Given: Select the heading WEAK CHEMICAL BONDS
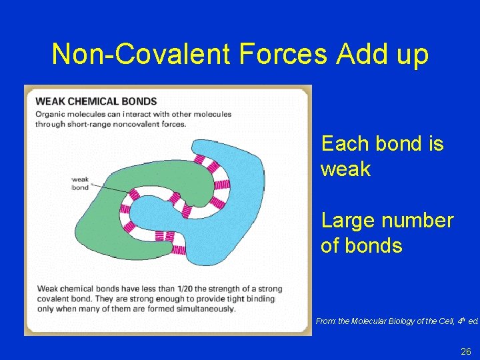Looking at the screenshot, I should pyautogui.click(x=96, y=101).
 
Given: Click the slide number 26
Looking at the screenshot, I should pyautogui.click(x=465, y=351).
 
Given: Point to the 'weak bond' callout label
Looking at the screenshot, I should pyautogui.click(x=80, y=183).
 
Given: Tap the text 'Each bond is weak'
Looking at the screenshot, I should pyautogui.click(x=382, y=156).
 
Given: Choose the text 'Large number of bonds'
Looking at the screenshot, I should pyautogui.click(x=387, y=233).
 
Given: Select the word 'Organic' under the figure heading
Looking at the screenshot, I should pyautogui.click(x=50, y=114).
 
